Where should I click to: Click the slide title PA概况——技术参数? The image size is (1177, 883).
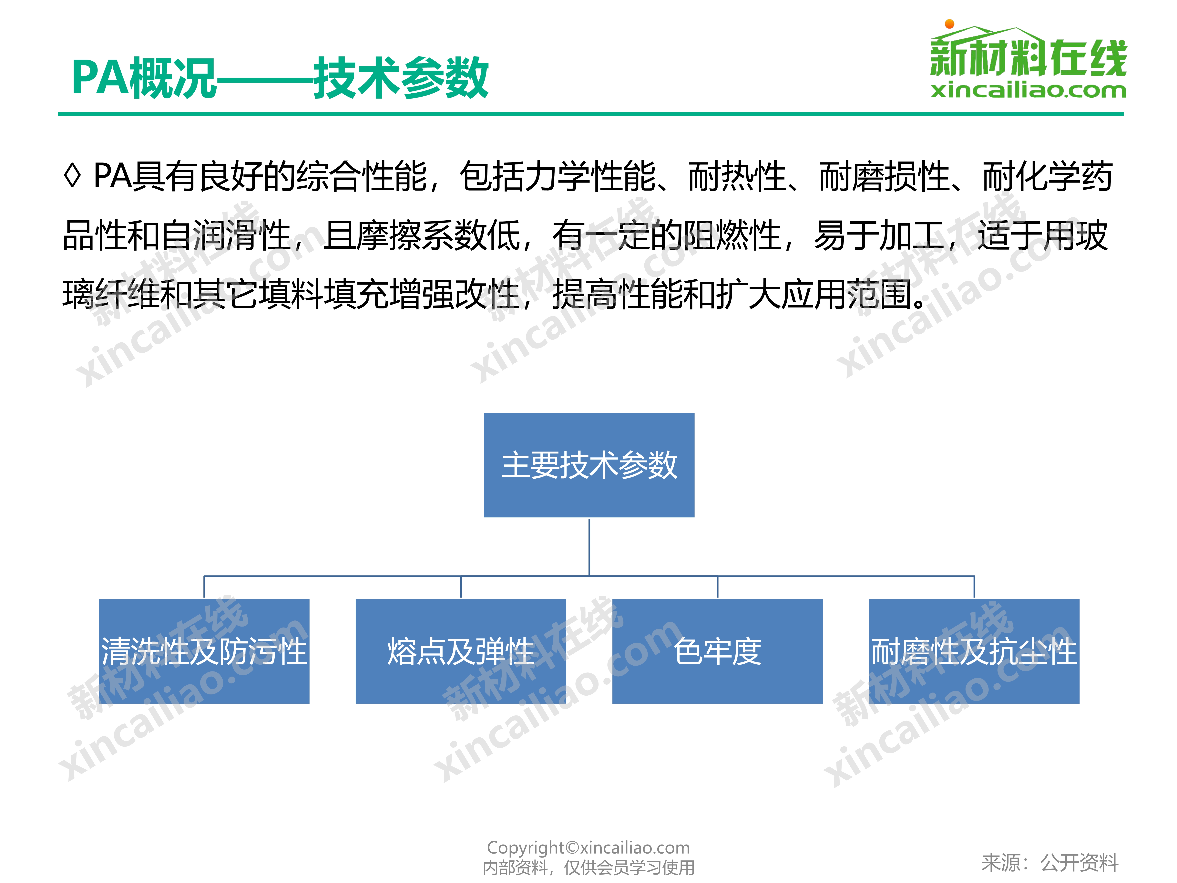click(280, 78)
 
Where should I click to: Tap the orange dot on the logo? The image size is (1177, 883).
click(949, 24)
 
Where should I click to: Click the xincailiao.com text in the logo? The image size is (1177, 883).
click(1028, 90)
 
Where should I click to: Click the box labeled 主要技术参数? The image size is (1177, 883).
click(589, 465)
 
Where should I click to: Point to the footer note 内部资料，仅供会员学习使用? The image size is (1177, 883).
click(588, 867)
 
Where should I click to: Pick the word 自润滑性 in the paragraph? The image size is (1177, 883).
click(225, 235)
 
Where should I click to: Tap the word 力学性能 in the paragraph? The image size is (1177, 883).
click(591, 176)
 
